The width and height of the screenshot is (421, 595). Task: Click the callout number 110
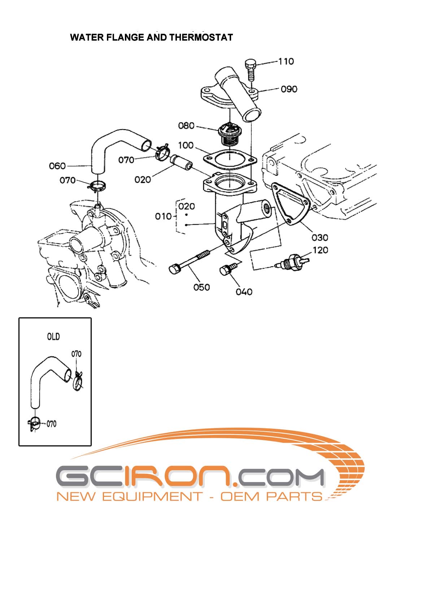pyautogui.click(x=286, y=62)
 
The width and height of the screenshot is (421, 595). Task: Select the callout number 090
pyautogui.click(x=289, y=89)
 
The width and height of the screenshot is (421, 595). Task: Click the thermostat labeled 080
pyautogui.click(x=227, y=134)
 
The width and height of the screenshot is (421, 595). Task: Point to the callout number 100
pyautogui.click(x=186, y=145)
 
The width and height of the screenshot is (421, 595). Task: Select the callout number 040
pyautogui.click(x=244, y=292)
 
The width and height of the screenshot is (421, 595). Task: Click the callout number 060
pyautogui.click(x=57, y=166)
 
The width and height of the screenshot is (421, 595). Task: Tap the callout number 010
pyautogui.click(x=163, y=216)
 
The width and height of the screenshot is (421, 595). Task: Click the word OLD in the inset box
pyautogui.click(x=53, y=336)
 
